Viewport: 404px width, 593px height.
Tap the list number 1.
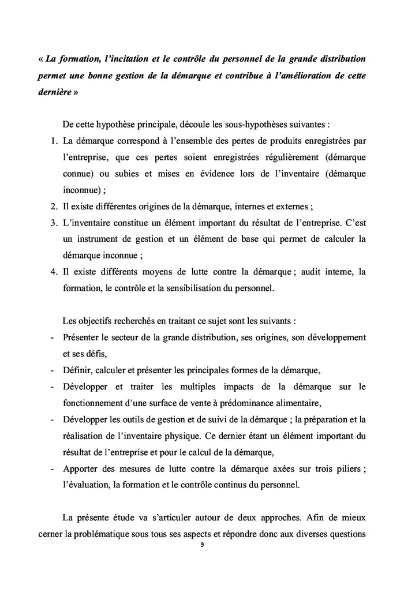pyautogui.click(x=52, y=141)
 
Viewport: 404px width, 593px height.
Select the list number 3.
pyautogui.click(x=52, y=222)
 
